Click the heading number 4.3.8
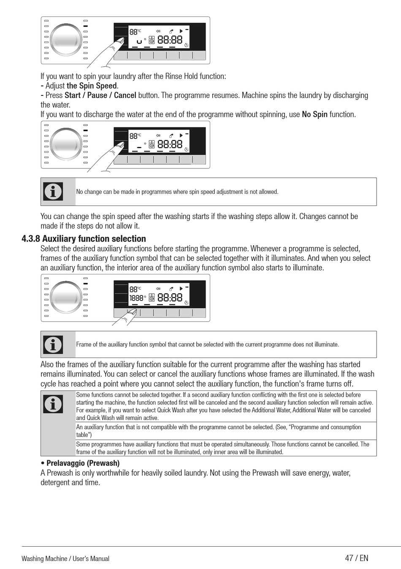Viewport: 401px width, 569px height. click(x=31, y=239)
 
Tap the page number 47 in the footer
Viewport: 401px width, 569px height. click(x=349, y=558)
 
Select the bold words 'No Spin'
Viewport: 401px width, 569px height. click(x=314, y=114)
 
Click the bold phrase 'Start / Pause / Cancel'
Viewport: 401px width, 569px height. click(x=100, y=95)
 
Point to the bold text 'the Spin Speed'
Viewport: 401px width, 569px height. click(x=92, y=86)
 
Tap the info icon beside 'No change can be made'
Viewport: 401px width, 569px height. click(x=53, y=192)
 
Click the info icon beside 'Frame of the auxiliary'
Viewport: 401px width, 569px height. click(x=53, y=344)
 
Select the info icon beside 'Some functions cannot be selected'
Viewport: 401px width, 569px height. click(x=53, y=404)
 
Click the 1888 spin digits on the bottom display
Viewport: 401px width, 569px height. click(x=136, y=298)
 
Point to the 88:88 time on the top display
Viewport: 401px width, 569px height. click(x=170, y=40)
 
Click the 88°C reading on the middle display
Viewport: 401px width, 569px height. click(x=135, y=136)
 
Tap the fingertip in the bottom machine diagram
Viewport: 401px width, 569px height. click(x=133, y=312)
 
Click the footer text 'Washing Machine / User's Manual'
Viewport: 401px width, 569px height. click(x=65, y=558)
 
